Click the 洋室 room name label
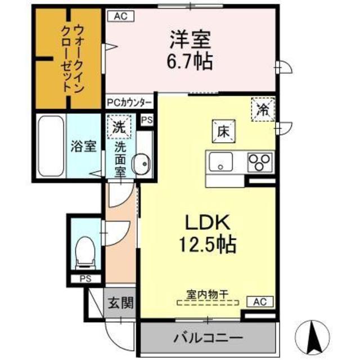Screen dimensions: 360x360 [x=191, y=39]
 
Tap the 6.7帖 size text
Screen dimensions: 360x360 [x=191, y=60]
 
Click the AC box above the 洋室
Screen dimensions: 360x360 [x=121, y=16]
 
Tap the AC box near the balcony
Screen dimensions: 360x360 [x=259, y=302]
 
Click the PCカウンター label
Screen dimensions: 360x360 [x=129, y=103]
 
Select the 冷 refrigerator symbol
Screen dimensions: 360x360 [x=263, y=109]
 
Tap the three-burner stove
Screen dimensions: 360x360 [x=260, y=163]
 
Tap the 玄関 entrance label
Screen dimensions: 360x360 [x=119, y=304]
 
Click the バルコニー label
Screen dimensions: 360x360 [x=208, y=339]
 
